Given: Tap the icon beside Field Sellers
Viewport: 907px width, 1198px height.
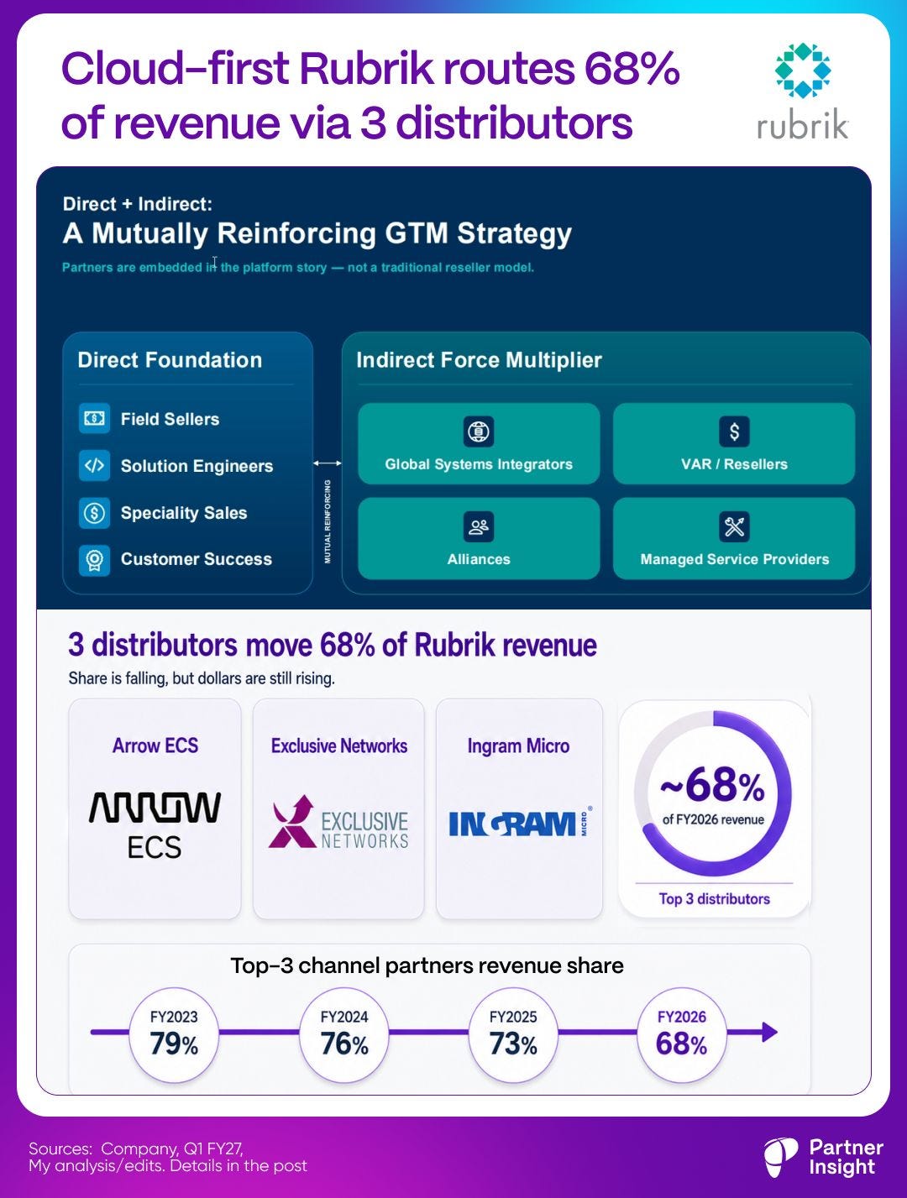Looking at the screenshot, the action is (x=94, y=419).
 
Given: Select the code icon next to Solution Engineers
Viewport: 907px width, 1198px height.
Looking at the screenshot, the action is (x=94, y=466).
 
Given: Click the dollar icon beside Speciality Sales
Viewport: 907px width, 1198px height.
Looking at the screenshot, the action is (x=94, y=512).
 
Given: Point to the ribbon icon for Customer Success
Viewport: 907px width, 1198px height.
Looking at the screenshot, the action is (x=94, y=560).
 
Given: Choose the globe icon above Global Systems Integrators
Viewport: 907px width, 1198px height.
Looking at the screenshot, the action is (x=479, y=432).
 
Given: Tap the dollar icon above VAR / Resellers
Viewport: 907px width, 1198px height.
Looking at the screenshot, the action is (x=734, y=432).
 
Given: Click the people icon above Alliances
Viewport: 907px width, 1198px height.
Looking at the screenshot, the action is (x=479, y=526).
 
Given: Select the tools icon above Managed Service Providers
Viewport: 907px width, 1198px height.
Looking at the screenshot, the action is (x=734, y=526).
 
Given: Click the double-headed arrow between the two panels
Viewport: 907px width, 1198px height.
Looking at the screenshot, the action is (x=328, y=463).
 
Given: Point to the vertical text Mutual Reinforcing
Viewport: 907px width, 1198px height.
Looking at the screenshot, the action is (x=328, y=522).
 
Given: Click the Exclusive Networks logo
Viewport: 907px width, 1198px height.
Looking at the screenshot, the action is (x=338, y=822).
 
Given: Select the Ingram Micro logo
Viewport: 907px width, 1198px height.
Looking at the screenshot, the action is (x=520, y=823).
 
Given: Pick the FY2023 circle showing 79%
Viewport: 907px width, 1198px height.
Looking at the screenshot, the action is (x=174, y=1035).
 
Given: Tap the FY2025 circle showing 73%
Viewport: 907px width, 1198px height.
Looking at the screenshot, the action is (x=513, y=1035).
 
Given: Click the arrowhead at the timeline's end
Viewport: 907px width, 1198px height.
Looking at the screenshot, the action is (x=769, y=1032).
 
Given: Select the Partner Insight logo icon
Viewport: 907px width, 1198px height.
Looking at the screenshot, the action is (x=781, y=1157).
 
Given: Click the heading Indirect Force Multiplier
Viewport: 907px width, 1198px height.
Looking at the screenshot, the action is (x=479, y=360).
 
